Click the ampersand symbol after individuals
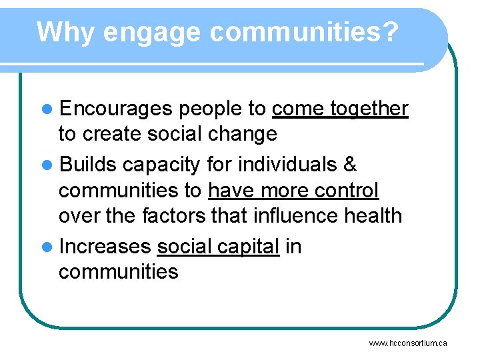(x=350, y=164)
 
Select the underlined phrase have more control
(x=293, y=191)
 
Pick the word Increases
(x=105, y=247)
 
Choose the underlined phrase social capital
(x=218, y=247)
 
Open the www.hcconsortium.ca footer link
(x=408, y=343)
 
